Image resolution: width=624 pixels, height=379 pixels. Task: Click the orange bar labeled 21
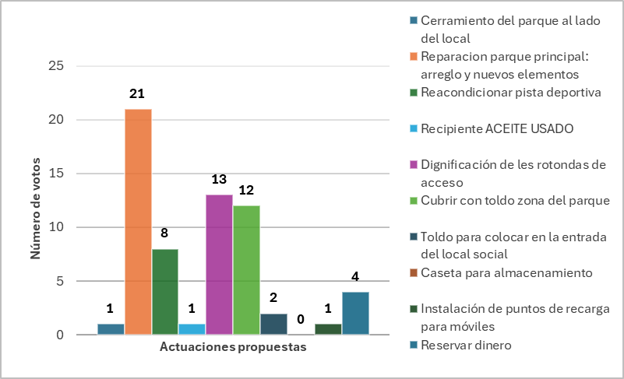(138, 222)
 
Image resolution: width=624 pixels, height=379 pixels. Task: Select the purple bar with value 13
(219, 265)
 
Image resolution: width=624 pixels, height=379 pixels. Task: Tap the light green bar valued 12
(246, 270)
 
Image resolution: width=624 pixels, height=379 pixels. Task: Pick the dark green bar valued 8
(165, 292)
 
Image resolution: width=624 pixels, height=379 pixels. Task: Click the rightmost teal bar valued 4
(355, 313)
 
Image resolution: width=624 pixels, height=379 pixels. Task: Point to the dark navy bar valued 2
(273, 324)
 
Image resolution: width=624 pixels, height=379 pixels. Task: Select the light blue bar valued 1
(192, 329)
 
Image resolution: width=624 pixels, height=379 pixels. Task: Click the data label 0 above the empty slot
(301, 319)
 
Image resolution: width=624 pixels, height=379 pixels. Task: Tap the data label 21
(137, 93)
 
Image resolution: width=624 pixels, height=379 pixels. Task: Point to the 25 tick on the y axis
(56, 65)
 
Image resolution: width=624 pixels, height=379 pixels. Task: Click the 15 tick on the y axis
(56, 173)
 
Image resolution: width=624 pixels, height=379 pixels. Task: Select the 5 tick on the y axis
(60, 281)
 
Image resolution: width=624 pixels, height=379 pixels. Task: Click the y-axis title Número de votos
(35, 209)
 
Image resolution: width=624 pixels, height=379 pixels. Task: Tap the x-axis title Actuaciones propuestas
(233, 347)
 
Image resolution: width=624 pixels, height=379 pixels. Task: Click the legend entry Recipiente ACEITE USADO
(492, 129)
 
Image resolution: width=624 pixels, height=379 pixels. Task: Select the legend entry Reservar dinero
(461, 345)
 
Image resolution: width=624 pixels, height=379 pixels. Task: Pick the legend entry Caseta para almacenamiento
(502, 273)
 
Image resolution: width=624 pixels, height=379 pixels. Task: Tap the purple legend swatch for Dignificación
(414, 164)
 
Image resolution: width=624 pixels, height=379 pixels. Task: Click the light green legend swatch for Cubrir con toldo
(414, 201)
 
